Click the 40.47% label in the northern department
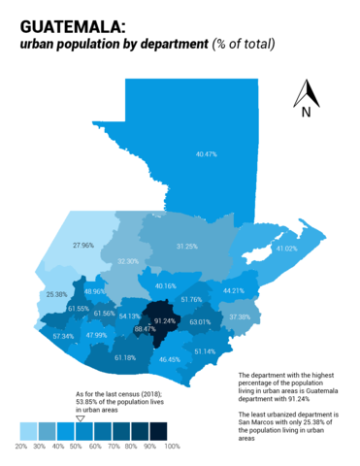pos(206,154)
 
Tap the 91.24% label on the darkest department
pos(164,320)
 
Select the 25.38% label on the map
pos(56,294)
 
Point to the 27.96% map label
pos(83,246)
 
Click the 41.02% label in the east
pos(285,249)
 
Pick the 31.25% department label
pos(187,247)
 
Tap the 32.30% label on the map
pos(127,261)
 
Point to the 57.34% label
pos(63,336)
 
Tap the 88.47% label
pos(145,330)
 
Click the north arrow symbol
pos(307,93)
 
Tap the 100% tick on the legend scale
pos(172,447)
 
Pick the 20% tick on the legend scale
pos(20,447)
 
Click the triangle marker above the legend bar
pos(81,418)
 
